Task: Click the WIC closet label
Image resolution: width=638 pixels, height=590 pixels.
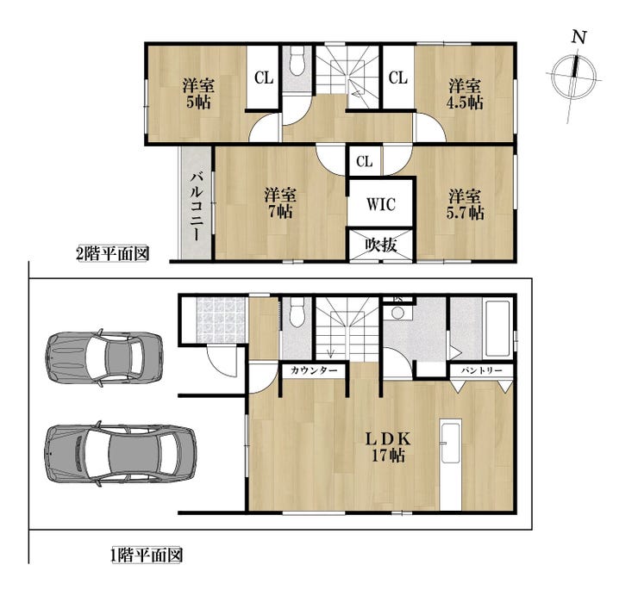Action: (x=381, y=204)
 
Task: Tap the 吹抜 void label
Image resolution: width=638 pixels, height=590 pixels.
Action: (x=381, y=245)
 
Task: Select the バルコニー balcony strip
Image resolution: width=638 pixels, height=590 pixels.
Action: (x=197, y=203)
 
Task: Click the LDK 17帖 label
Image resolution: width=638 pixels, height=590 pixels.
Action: (x=388, y=447)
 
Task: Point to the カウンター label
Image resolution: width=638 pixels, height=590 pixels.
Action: (x=314, y=370)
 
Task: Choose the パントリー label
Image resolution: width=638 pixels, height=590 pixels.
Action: (x=481, y=370)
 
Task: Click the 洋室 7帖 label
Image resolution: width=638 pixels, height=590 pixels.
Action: (x=280, y=203)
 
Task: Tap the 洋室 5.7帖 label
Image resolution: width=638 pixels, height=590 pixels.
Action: (x=465, y=204)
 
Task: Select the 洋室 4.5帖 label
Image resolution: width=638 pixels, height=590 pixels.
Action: (x=465, y=95)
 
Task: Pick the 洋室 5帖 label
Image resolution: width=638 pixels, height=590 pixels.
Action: (x=198, y=94)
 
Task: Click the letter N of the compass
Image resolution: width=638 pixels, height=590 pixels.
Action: (x=579, y=37)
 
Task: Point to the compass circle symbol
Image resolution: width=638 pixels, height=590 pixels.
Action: (x=573, y=76)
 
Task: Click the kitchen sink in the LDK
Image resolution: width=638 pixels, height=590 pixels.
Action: (x=451, y=444)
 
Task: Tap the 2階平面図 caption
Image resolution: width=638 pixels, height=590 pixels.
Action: (x=112, y=254)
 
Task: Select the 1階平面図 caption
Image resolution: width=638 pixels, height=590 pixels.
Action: (x=146, y=555)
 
